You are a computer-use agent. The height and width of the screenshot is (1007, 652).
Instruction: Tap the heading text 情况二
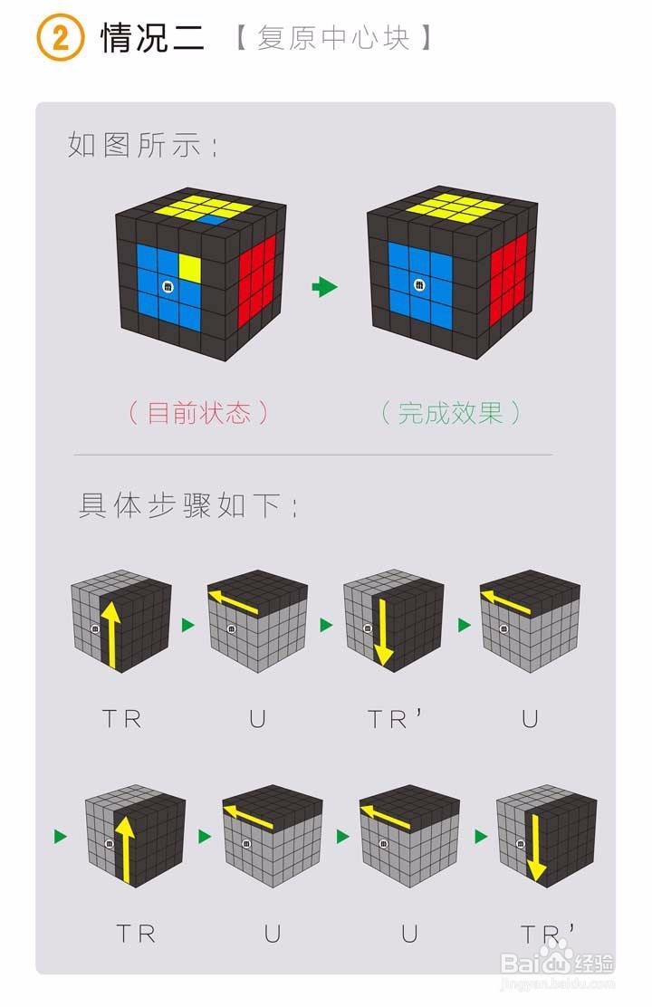point(152,38)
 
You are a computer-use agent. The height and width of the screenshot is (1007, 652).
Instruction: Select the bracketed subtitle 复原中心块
point(332,39)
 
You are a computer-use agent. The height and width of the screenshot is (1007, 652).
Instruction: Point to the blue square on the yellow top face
point(215,219)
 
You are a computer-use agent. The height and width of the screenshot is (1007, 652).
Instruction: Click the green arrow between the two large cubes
point(324,288)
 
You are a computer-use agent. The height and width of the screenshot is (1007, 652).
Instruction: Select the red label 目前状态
point(198,413)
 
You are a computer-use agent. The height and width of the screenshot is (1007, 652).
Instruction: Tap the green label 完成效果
point(450,413)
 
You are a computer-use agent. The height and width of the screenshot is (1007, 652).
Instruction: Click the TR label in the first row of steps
point(122,719)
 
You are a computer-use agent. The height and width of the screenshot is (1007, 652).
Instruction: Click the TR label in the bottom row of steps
point(136,933)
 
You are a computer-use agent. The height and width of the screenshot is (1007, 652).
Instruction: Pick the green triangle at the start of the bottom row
point(61,836)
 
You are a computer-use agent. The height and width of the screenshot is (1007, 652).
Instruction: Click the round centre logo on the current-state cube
point(168,286)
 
